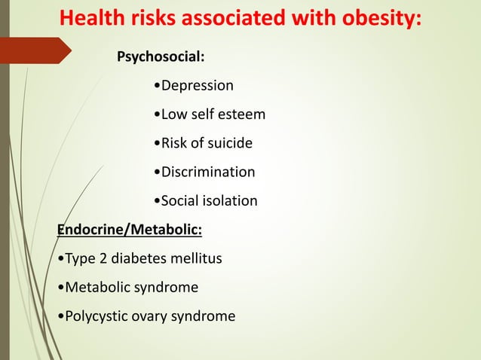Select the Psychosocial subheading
(x=159, y=56)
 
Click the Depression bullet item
(x=193, y=85)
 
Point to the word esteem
(x=243, y=114)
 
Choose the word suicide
(x=228, y=143)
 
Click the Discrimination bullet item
(x=204, y=172)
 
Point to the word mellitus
(x=198, y=259)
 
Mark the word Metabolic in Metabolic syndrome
(x=97, y=288)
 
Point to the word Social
(x=178, y=201)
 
